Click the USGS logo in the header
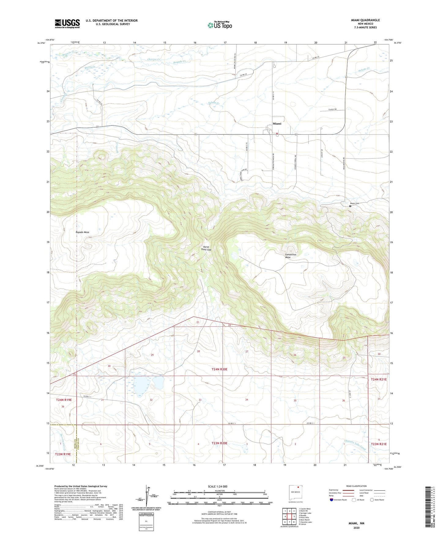coord(67,24)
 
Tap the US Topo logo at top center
coord(219,25)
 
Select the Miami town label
coord(277,124)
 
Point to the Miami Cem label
coord(354,203)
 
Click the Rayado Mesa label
coord(82,232)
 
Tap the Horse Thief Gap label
coord(206,248)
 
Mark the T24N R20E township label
coord(219,369)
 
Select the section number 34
coord(247,400)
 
